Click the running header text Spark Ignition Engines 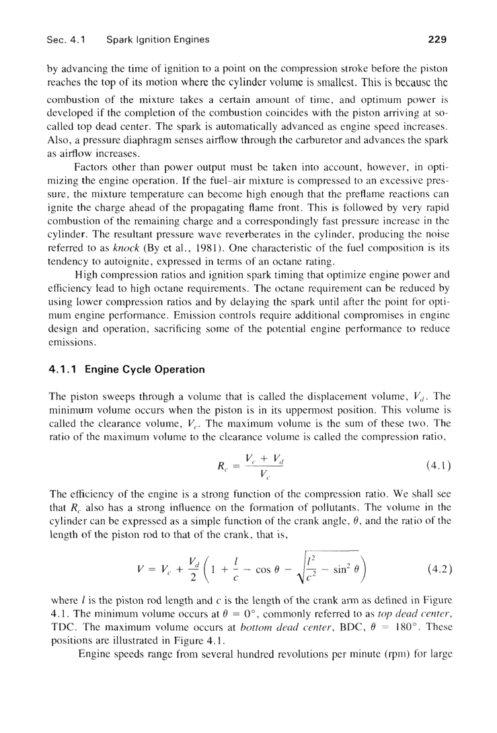click(157, 39)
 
